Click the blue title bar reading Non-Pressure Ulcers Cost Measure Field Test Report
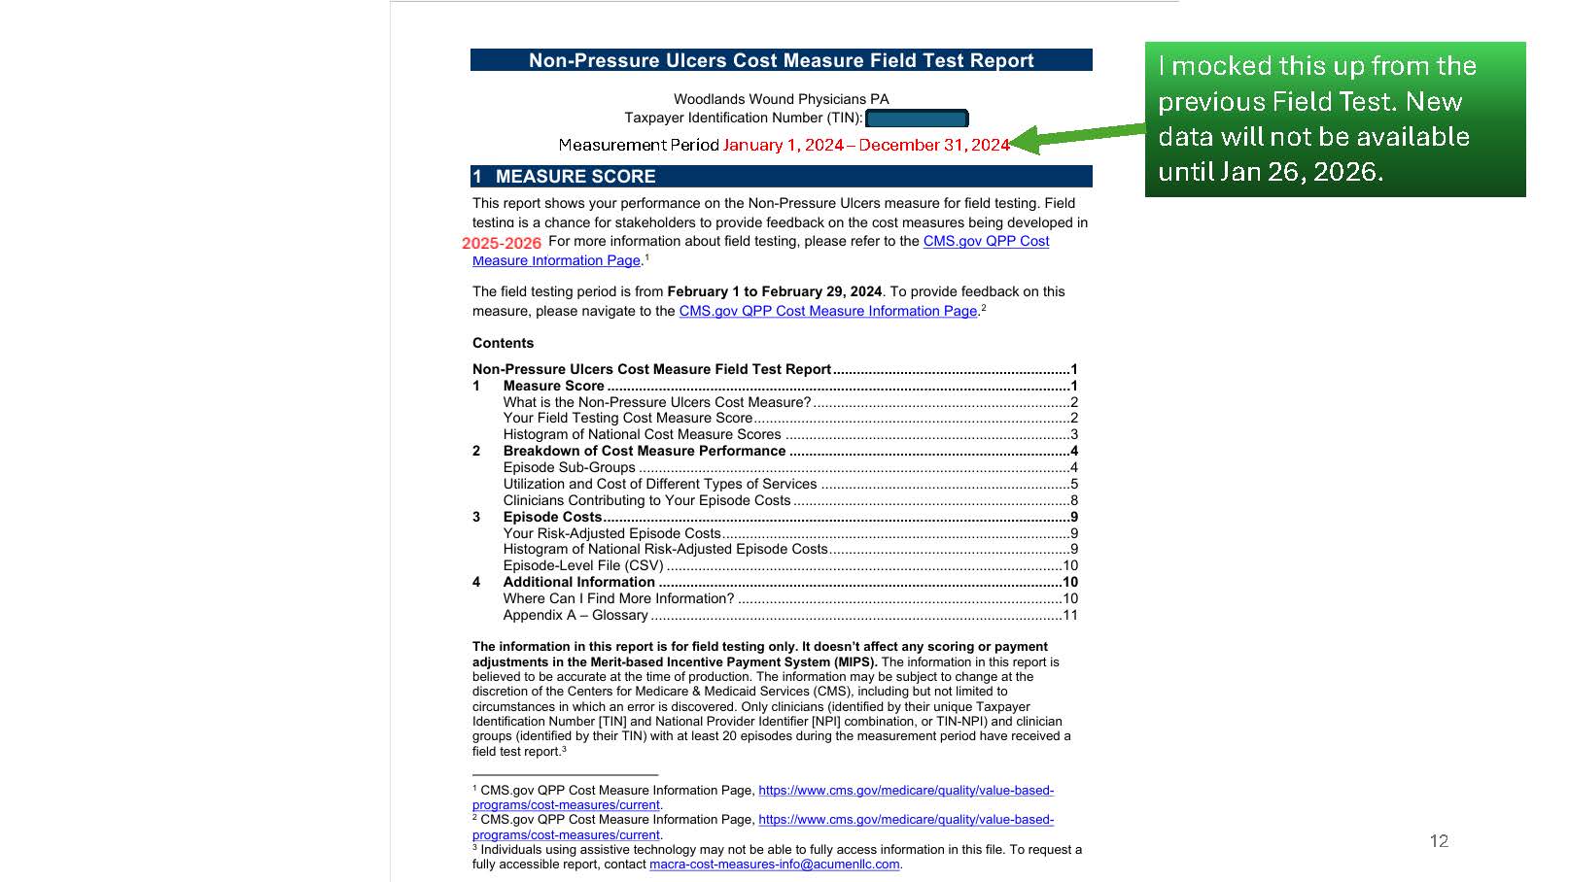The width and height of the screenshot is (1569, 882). [x=781, y=60]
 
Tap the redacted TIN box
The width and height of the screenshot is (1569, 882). [x=916, y=119]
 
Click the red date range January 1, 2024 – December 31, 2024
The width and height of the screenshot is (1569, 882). [x=865, y=146]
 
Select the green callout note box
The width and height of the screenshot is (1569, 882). [x=1334, y=119]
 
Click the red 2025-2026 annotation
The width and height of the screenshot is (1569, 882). [x=502, y=243]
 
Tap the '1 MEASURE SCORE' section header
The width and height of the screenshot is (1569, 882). [x=575, y=177]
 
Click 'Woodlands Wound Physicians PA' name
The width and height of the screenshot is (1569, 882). [x=781, y=99]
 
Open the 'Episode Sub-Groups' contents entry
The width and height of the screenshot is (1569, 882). [x=569, y=467]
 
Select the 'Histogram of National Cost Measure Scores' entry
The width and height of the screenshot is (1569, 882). [x=642, y=434]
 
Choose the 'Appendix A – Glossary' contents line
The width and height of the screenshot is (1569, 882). [x=575, y=615]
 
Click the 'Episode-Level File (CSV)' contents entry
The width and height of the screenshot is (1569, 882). [x=583, y=565]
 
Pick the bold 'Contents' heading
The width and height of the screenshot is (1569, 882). [x=503, y=343]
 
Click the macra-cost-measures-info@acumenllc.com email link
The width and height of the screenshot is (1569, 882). [x=774, y=865]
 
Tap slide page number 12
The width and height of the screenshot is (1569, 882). [x=1439, y=841]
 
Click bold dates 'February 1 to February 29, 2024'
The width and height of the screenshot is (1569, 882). [x=774, y=291]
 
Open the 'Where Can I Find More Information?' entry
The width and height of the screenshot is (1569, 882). [x=618, y=598]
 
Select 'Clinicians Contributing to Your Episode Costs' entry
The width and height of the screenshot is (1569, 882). [x=646, y=500]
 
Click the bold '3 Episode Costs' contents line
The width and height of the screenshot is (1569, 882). [x=552, y=517]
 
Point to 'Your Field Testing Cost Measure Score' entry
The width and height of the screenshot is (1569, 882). [x=627, y=418]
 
